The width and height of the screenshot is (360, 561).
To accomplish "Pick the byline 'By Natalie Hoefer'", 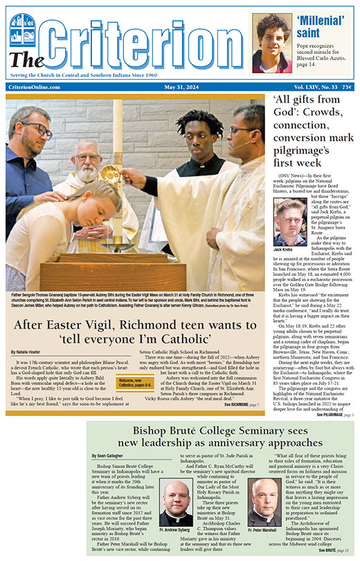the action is pyautogui.click(x=28, y=353).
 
